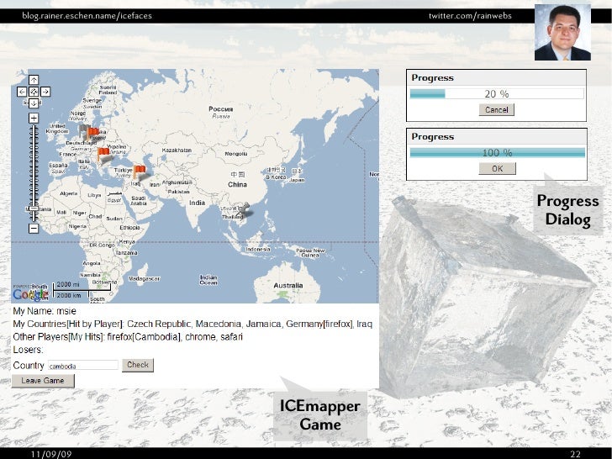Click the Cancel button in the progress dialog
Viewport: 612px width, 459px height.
tap(496, 109)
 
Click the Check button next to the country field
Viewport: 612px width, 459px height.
tap(138, 365)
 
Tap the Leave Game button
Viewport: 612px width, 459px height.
tap(43, 381)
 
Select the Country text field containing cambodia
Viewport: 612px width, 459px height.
tap(82, 366)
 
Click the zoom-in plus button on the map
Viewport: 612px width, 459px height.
tap(33, 118)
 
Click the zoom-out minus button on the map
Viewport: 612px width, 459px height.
tap(33, 227)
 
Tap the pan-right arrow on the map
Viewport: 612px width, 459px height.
tap(45, 91)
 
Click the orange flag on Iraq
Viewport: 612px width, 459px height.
tap(140, 170)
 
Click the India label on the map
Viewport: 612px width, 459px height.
tap(196, 203)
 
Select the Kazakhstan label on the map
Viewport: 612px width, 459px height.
tap(178, 149)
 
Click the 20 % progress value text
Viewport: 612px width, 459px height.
tap(497, 94)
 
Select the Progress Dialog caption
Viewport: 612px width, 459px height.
tap(567, 210)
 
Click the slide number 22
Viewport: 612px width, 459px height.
tap(576, 454)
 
